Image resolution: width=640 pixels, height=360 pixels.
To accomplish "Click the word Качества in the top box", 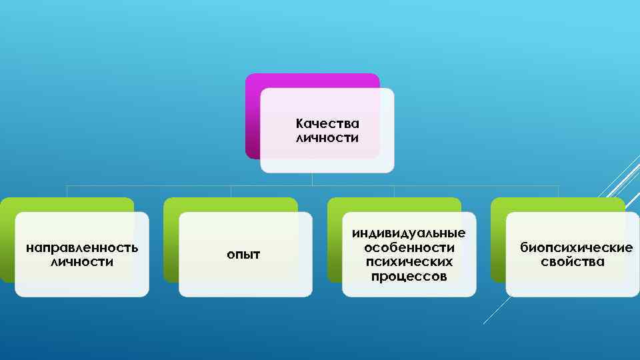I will tap(327, 124).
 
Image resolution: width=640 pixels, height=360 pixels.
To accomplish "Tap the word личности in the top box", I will tap(327, 139).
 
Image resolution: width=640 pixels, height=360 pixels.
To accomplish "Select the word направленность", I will tap(82, 248).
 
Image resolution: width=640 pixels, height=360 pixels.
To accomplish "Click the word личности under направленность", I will tap(82, 262).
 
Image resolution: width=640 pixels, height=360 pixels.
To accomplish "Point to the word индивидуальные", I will tap(409, 233).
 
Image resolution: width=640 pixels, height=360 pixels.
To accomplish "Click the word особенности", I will tap(409, 247).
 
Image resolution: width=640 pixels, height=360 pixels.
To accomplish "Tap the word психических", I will tap(409, 262).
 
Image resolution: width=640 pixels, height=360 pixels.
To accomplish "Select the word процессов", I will tap(409, 277).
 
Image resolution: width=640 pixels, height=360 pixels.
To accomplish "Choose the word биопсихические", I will tap(576, 248).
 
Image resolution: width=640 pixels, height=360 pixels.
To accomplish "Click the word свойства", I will tap(573, 262).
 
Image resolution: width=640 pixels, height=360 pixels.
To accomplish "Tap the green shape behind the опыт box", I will tap(171, 240).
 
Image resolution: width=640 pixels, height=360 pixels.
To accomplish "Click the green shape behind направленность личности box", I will tap(7, 240).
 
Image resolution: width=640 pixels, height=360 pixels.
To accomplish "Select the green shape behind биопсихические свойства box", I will tap(498, 240).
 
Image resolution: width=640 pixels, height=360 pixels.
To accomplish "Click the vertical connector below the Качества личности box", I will tap(312, 179).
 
